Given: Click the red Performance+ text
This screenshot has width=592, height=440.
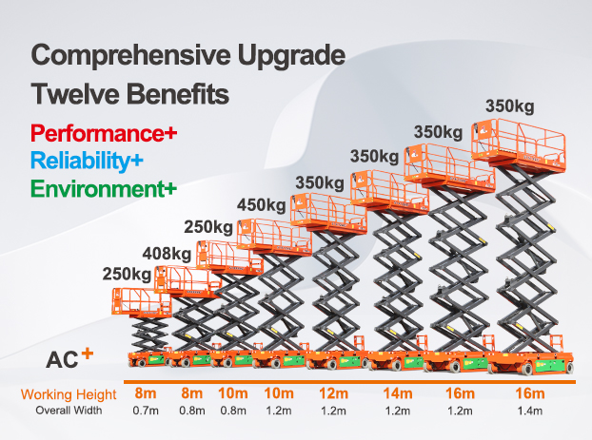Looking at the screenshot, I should point(104,133).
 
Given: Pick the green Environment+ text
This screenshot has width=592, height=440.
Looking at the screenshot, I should point(104,188).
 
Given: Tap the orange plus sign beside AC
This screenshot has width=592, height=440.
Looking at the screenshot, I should point(87,354).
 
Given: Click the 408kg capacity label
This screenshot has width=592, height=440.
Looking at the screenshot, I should point(167,253).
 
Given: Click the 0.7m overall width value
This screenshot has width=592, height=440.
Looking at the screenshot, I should point(145,411).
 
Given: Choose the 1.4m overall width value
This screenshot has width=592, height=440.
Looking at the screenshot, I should point(528,411).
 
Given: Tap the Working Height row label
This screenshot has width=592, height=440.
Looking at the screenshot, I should point(69,394).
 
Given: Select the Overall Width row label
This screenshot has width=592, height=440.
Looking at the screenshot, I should point(69,411).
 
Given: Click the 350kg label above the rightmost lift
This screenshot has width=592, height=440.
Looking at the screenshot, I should point(509,105).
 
